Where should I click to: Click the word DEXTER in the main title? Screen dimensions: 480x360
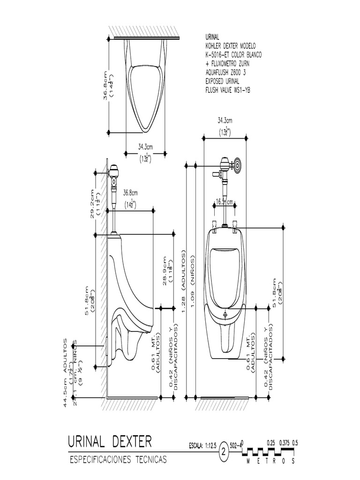coord(132,442)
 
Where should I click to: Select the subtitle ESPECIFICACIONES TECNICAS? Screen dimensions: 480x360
coord(118,460)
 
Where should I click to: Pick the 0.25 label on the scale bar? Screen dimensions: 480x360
coord(270,442)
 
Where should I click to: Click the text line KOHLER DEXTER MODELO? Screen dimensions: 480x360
coord(230,46)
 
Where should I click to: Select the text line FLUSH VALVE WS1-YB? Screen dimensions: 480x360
coord(228,90)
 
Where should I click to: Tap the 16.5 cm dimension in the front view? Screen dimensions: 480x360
coord(225,202)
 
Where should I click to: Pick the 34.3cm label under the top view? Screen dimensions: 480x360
coord(145,146)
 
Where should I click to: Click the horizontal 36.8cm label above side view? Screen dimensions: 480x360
coord(130,193)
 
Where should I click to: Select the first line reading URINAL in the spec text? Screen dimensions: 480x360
coord(212,37)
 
